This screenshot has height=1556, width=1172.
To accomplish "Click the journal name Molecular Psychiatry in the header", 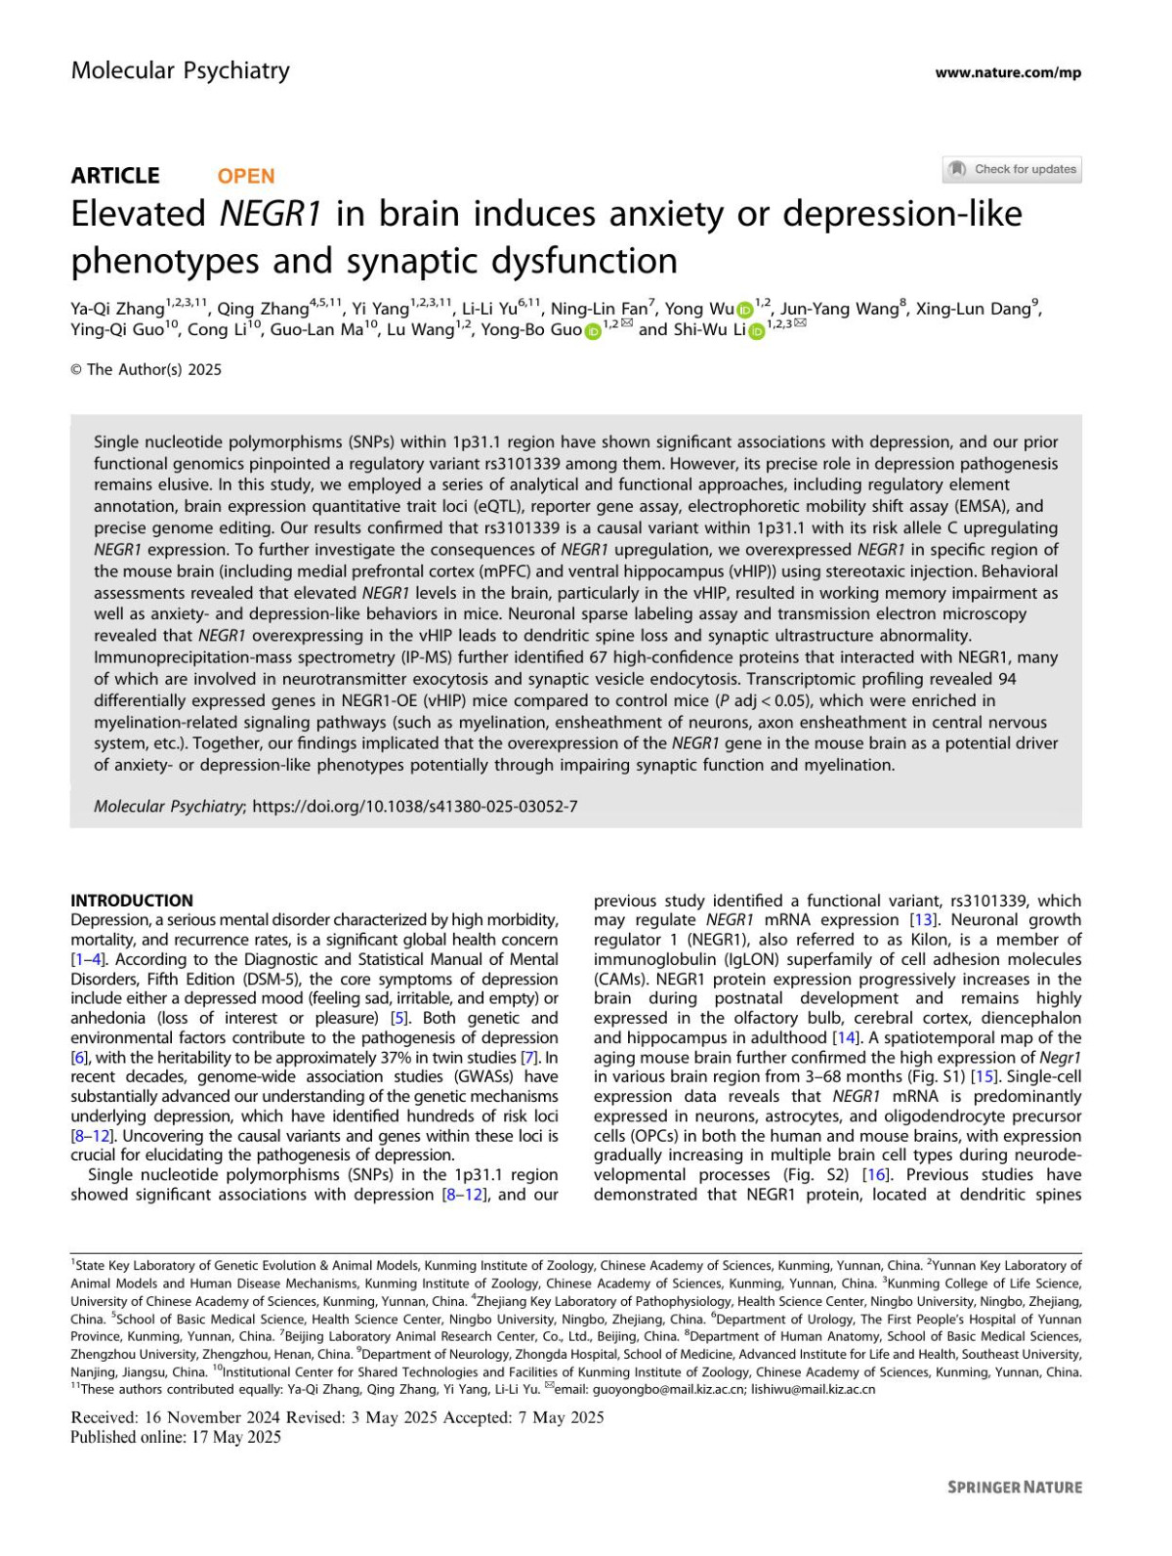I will coord(180,70).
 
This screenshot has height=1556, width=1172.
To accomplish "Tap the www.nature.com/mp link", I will coord(1007,72).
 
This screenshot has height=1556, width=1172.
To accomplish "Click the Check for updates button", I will coord(1012,169).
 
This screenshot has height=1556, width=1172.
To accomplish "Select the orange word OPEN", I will coord(246,176).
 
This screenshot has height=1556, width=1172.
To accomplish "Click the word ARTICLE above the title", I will coord(115,176).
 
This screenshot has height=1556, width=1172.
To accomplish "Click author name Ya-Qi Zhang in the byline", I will coord(117,309).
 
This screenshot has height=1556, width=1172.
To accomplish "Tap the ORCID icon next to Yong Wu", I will coord(745,311).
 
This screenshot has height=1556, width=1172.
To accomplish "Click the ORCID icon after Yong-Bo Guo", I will coord(592,331).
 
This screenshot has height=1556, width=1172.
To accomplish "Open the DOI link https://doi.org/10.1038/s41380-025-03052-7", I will coord(415,806).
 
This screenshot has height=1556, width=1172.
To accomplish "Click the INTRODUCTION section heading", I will coord(132,901).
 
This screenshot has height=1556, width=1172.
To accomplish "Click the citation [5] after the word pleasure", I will coord(398,1018).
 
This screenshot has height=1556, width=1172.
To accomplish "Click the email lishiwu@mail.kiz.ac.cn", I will coord(813,1389).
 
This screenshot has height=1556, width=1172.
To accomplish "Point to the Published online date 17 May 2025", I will coord(176,1437).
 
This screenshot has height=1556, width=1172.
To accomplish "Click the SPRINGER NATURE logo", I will coord(1015,1488).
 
